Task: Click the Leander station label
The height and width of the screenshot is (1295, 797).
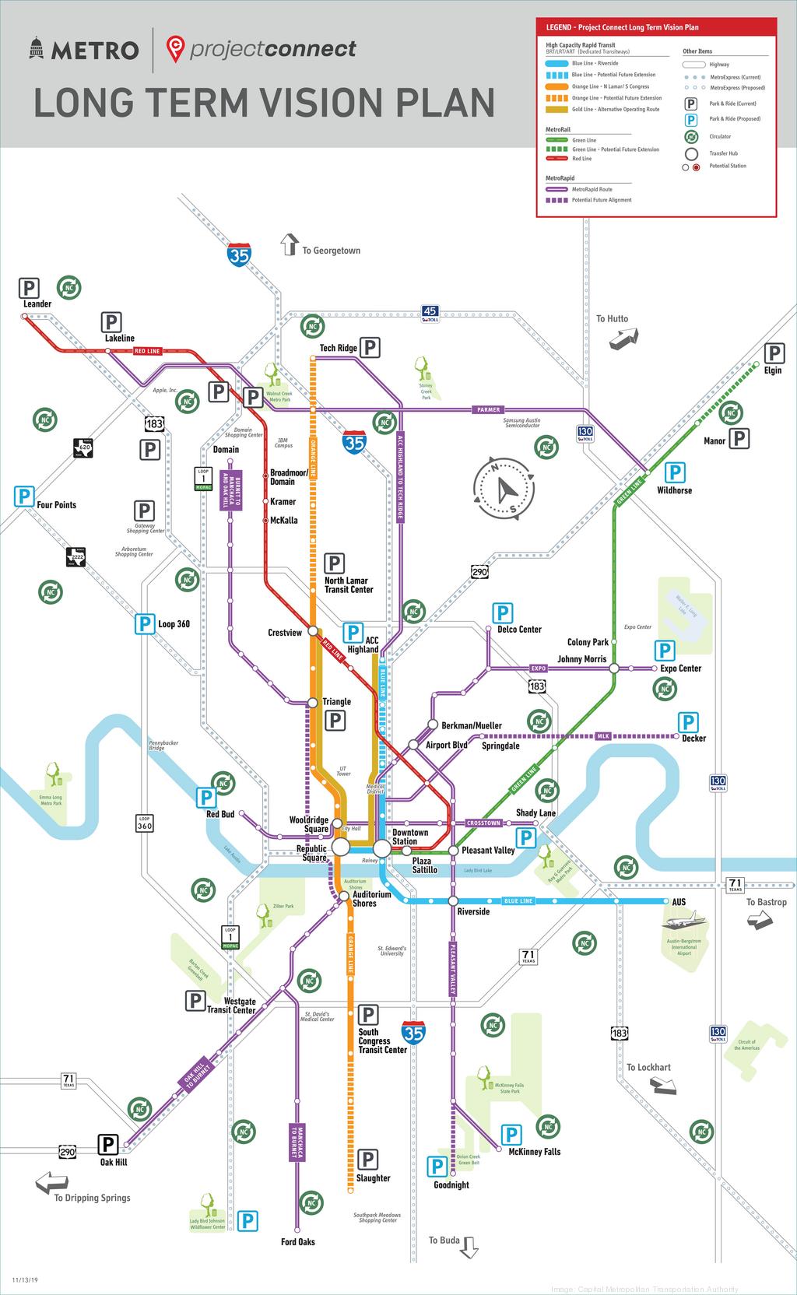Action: (x=37, y=304)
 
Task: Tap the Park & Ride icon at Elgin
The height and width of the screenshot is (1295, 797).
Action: (x=774, y=353)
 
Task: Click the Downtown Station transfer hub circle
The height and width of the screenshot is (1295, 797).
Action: (x=381, y=848)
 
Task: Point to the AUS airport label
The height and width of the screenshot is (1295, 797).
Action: (x=679, y=901)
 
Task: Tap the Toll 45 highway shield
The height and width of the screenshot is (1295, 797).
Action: (x=430, y=313)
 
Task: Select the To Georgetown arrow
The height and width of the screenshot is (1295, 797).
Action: (x=290, y=244)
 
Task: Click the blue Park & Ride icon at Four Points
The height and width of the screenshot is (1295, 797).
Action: (x=24, y=496)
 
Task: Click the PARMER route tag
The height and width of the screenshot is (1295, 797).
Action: (x=489, y=409)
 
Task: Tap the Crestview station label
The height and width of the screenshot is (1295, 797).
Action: (x=285, y=633)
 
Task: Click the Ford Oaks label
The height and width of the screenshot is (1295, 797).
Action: (x=298, y=1241)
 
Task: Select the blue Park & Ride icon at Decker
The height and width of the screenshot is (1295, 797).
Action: (x=688, y=721)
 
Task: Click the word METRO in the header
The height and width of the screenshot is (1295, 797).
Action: (x=95, y=51)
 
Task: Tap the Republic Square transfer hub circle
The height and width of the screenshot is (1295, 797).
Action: (x=341, y=847)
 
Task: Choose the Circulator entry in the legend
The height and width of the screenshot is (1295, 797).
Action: (x=719, y=137)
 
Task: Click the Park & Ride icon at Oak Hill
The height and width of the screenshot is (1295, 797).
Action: (x=107, y=1144)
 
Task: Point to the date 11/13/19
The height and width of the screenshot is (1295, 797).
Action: (x=25, y=1279)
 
